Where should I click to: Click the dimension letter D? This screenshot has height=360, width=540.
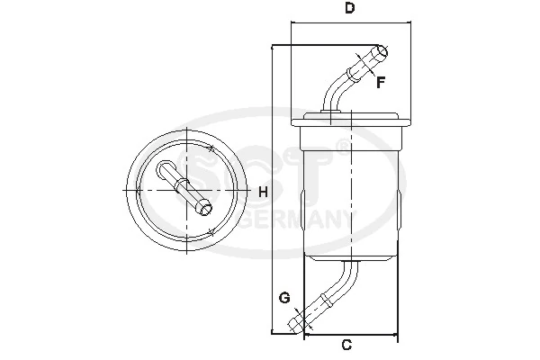(349, 9)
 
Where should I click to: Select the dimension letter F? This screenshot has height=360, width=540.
(381, 83)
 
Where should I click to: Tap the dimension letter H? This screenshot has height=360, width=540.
(263, 191)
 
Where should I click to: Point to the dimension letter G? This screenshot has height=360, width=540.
(283, 298)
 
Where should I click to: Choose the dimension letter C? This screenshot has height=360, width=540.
(347, 346)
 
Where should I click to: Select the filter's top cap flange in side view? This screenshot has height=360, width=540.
(351, 117)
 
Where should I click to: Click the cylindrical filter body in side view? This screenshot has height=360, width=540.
(351, 193)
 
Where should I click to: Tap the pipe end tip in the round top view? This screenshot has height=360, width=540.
(206, 210)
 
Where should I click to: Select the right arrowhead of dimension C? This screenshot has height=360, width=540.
(395, 337)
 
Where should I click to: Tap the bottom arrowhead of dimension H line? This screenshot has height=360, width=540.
(273, 333)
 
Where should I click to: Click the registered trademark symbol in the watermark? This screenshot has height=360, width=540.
(342, 143)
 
